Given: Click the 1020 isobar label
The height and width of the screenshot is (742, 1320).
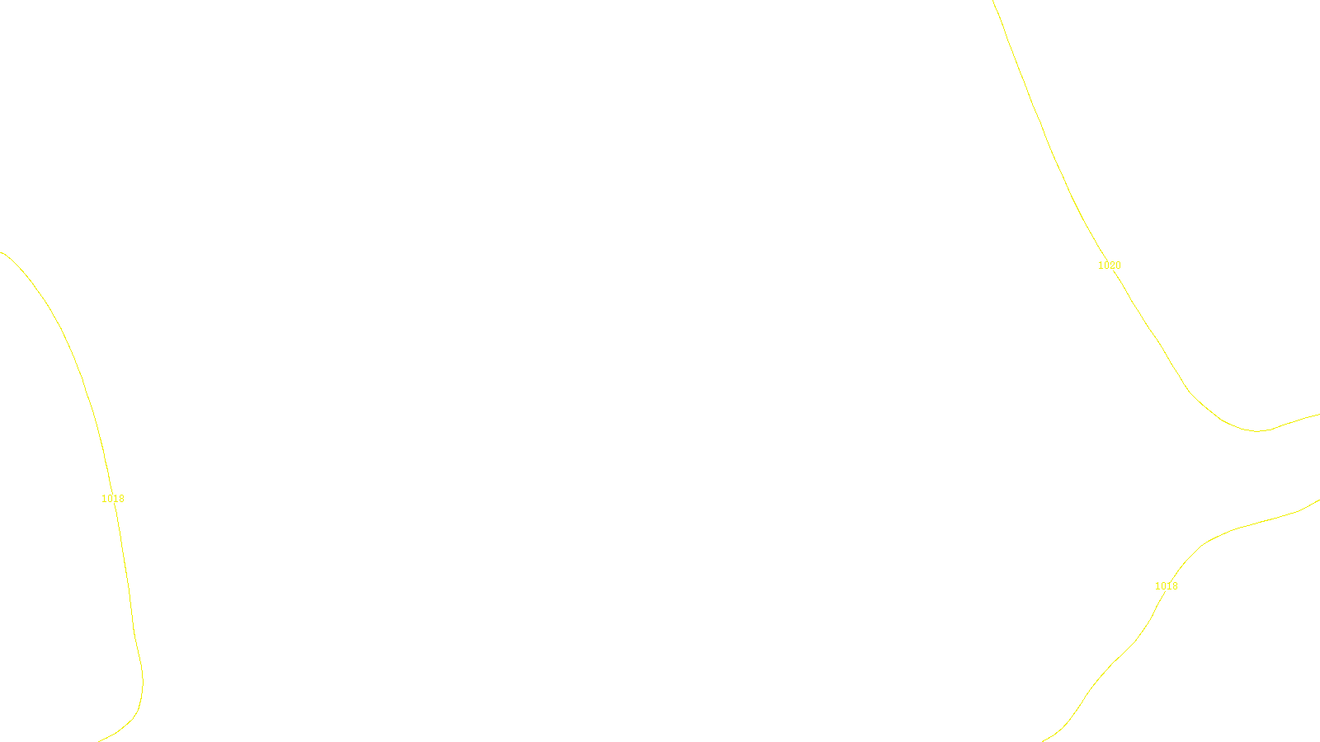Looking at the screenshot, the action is [x=1109, y=265].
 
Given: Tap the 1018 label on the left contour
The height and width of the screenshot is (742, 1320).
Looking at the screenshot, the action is [x=113, y=499].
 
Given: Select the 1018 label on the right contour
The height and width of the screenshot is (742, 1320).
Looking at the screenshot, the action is [x=1166, y=586].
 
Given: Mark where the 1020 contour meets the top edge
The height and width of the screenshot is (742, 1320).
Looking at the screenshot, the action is [x=993, y=2].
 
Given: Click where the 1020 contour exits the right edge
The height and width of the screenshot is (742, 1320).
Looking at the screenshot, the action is [x=1318, y=414].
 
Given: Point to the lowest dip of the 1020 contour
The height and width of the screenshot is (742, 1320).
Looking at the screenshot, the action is [x=1256, y=430].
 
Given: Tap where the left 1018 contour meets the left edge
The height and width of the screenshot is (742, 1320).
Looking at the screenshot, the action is [x=2, y=252].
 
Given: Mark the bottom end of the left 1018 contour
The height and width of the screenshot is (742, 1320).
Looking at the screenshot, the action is [x=99, y=740].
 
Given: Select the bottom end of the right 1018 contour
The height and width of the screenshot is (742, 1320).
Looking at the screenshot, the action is [x=1044, y=740].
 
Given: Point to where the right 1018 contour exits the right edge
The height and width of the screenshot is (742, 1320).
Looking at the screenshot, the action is [x=1318, y=500].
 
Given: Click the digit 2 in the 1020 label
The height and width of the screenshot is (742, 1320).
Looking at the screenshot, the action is [x=1112, y=265].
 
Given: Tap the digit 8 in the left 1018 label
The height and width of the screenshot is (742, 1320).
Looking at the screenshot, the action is [x=121, y=499].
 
